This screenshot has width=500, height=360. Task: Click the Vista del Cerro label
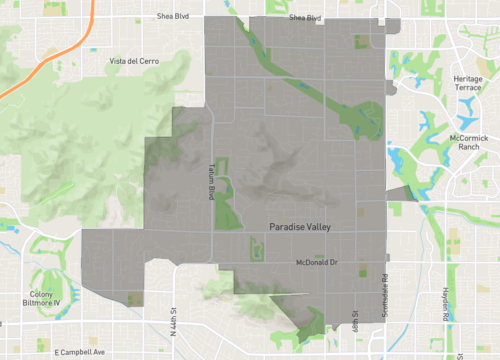tap(136, 61)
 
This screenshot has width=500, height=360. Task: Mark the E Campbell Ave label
tap(72, 352)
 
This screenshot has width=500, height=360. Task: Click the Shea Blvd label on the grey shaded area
tap(305, 18)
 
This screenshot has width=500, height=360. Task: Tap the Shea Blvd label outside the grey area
tap(173, 17)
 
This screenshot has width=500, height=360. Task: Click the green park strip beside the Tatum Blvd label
tap(224, 185)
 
